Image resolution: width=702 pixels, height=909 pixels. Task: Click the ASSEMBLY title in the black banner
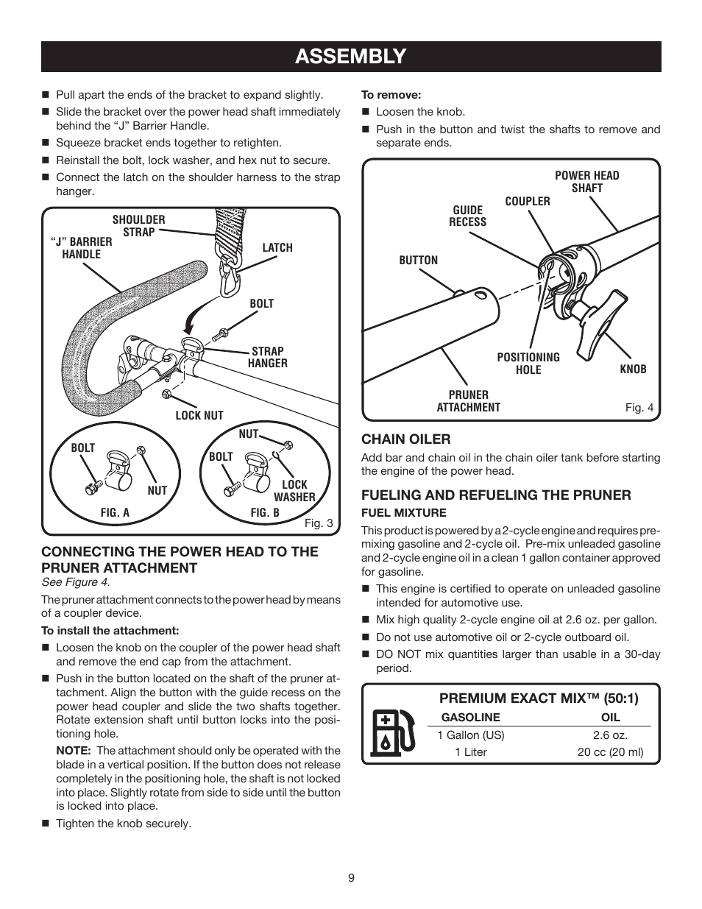coord(350,56)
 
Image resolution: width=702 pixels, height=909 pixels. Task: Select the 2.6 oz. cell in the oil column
coord(610,735)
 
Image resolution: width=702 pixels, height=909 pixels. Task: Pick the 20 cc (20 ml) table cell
coord(610,752)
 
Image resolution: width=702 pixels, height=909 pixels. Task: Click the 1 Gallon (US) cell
coord(470,735)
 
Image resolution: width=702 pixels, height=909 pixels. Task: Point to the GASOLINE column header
coord(470,717)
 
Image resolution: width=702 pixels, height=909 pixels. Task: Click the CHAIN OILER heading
coord(405,439)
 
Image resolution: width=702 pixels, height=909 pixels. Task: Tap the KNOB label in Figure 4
coord(633,369)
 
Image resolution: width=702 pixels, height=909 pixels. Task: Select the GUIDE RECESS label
coord(468,216)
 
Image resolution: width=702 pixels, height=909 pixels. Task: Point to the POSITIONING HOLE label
coord(528,364)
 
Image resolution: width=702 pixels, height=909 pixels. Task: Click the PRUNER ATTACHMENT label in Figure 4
coord(468,401)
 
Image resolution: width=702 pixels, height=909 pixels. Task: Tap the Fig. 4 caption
coord(639,408)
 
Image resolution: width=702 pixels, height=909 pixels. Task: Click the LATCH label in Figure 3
coord(277,248)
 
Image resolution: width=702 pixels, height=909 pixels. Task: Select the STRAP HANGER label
coord(267,357)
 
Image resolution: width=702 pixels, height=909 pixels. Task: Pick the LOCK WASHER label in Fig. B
coord(294,491)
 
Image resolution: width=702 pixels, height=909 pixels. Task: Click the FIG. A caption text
coord(115,513)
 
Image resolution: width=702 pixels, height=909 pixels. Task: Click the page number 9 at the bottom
coord(351,877)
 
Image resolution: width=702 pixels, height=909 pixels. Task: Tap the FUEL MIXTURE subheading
coord(403,512)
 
